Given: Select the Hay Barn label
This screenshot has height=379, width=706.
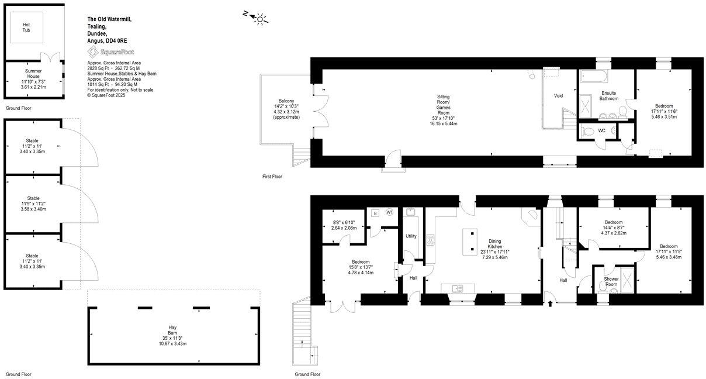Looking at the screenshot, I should [172, 330].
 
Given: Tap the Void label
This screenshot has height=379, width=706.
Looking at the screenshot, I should [558, 95].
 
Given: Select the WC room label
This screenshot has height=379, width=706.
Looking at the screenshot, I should [601, 130].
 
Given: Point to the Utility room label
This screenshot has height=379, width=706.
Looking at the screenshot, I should [411, 236].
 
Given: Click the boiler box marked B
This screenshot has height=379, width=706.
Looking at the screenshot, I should [375, 213].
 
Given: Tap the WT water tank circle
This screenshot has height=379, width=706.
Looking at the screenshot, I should [389, 212].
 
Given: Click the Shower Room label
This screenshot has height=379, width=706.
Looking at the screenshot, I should [611, 281].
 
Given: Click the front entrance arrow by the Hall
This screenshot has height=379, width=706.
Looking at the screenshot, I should [551, 303].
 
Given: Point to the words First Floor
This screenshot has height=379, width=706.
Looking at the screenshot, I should [272, 176].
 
